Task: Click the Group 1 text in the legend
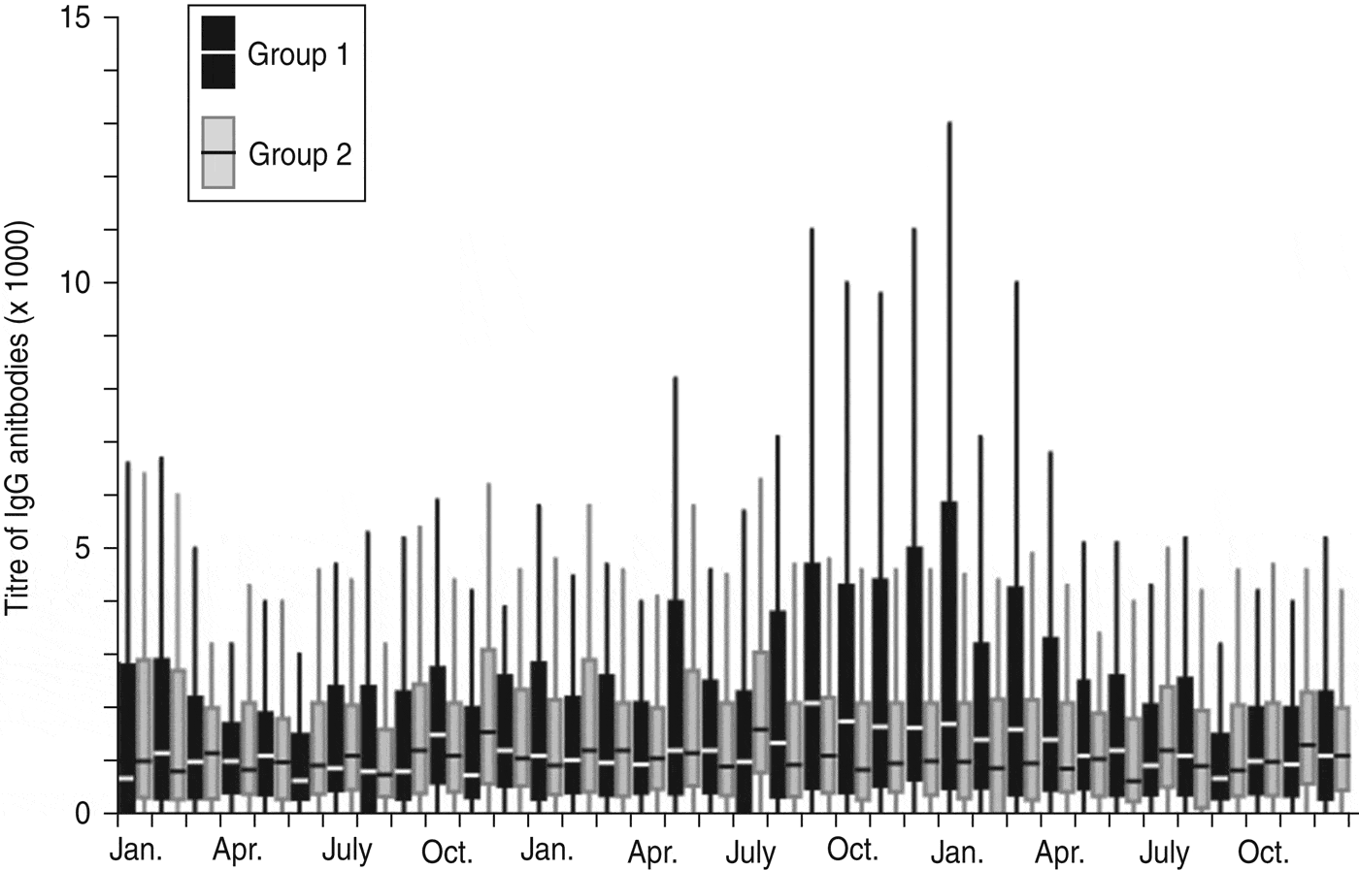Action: point(297,54)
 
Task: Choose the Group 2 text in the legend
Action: point(299,154)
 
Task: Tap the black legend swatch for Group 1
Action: point(218,52)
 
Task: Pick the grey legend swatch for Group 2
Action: point(218,152)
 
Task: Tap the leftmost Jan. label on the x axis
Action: point(137,851)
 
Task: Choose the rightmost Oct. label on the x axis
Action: point(1262,853)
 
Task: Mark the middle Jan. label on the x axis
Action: point(547,851)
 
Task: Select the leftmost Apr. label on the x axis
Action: point(237,851)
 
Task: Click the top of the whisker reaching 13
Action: point(949,124)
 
